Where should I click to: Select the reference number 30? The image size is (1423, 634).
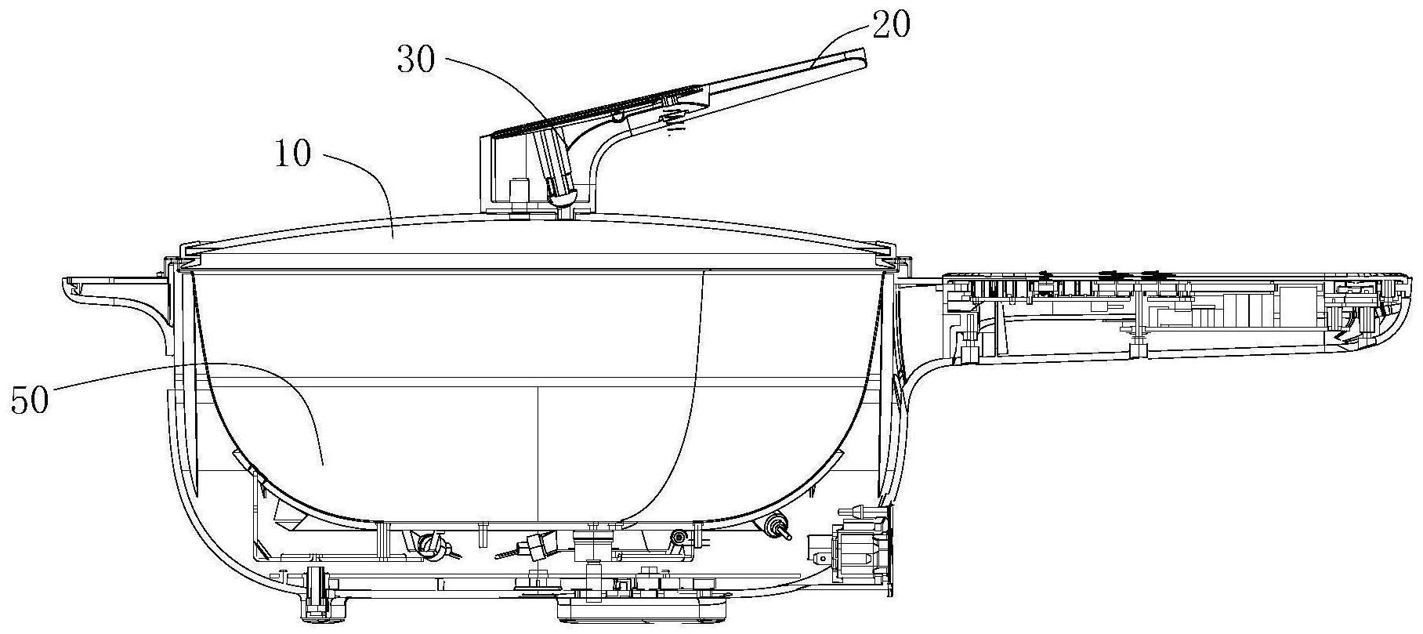pyautogui.click(x=415, y=61)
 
